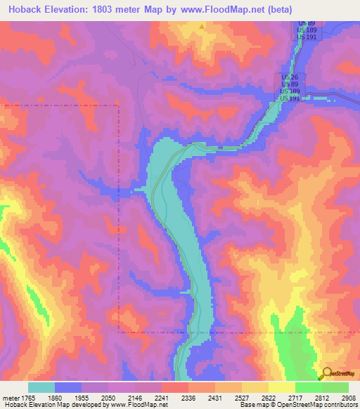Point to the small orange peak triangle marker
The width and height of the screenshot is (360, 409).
coord(202,27)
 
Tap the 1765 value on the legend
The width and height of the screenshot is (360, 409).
coord(28,397)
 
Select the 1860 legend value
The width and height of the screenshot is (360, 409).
coord(55,397)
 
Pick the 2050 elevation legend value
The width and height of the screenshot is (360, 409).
coord(108,397)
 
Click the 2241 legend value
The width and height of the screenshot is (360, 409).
coord(162,397)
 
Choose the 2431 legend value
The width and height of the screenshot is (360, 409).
coord(215,397)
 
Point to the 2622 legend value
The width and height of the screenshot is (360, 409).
coord(269,397)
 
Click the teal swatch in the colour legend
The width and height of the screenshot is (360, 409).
coord(41,387)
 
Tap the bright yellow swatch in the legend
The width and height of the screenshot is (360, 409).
coord(282,387)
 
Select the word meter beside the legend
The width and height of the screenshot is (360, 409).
coord(10,397)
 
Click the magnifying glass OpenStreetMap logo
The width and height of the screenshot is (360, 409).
coord(325,373)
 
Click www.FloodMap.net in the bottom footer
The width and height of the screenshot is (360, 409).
coord(137,405)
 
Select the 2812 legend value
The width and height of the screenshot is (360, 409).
coord(322,397)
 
